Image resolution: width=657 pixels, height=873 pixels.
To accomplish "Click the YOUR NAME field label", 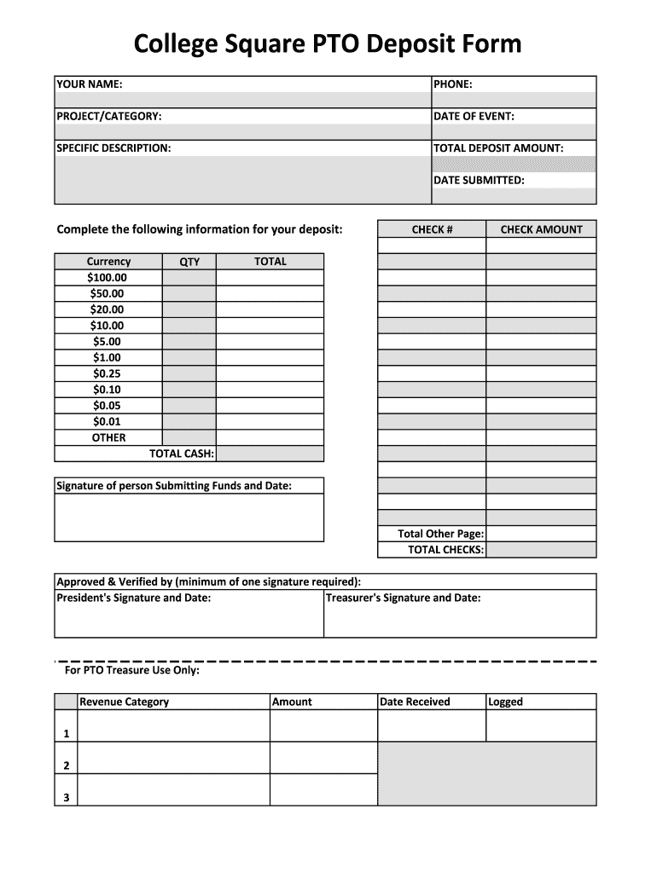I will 89,84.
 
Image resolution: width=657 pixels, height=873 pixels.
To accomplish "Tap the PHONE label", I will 452,84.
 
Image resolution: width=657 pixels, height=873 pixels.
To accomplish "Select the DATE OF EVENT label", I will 474,117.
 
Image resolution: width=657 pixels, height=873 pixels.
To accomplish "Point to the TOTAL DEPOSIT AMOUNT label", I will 498,148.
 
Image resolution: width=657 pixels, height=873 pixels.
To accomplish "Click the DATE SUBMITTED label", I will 479,180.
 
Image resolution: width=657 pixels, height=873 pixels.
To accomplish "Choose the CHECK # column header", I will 432,229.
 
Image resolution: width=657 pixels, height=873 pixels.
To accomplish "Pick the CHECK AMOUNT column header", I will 541,229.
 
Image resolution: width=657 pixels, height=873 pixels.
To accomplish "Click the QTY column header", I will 189,262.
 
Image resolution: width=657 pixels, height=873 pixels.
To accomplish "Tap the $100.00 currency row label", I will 108,278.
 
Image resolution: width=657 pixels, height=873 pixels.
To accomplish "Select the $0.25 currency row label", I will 108,373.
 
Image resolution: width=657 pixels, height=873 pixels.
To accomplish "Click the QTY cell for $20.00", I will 189,309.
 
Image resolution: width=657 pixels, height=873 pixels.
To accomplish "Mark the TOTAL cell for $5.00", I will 270,342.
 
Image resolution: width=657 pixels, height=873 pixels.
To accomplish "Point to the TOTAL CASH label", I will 182,454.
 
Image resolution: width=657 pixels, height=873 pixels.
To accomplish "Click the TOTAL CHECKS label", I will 445,550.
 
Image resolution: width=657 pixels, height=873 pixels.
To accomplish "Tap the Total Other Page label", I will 440,534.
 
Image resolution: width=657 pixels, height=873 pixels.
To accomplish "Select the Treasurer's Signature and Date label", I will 403,598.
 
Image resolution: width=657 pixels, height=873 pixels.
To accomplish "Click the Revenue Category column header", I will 124,702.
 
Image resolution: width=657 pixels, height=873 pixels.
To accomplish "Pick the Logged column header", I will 505,702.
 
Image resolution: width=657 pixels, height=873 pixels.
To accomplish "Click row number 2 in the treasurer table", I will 66,766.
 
